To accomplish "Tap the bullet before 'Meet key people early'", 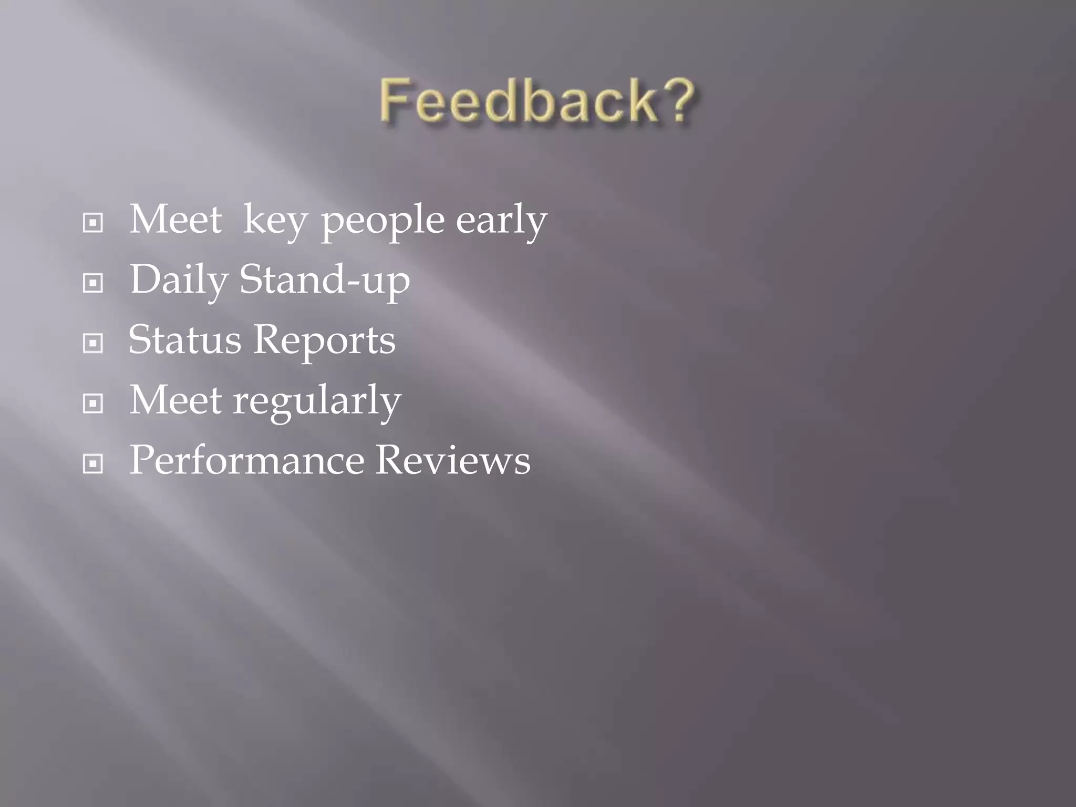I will pyautogui.click(x=93, y=223).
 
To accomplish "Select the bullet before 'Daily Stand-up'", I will pyautogui.click(x=93, y=283).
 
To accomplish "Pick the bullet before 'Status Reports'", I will pyautogui.click(x=93, y=344).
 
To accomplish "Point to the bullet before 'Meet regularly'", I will pyautogui.click(x=93, y=403).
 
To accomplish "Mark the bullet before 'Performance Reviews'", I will pyautogui.click(x=93, y=464).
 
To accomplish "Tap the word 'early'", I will pyautogui.click(x=501, y=221).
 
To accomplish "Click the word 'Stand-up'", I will pyautogui.click(x=325, y=280).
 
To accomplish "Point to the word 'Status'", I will pyautogui.click(x=185, y=340).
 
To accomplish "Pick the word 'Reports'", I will pyautogui.click(x=325, y=341).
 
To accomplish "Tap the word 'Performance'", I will pyautogui.click(x=247, y=460).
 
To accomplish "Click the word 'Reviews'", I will pyautogui.click(x=453, y=460).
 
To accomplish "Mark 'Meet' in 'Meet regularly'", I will pyautogui.click(x=175, y=400).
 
